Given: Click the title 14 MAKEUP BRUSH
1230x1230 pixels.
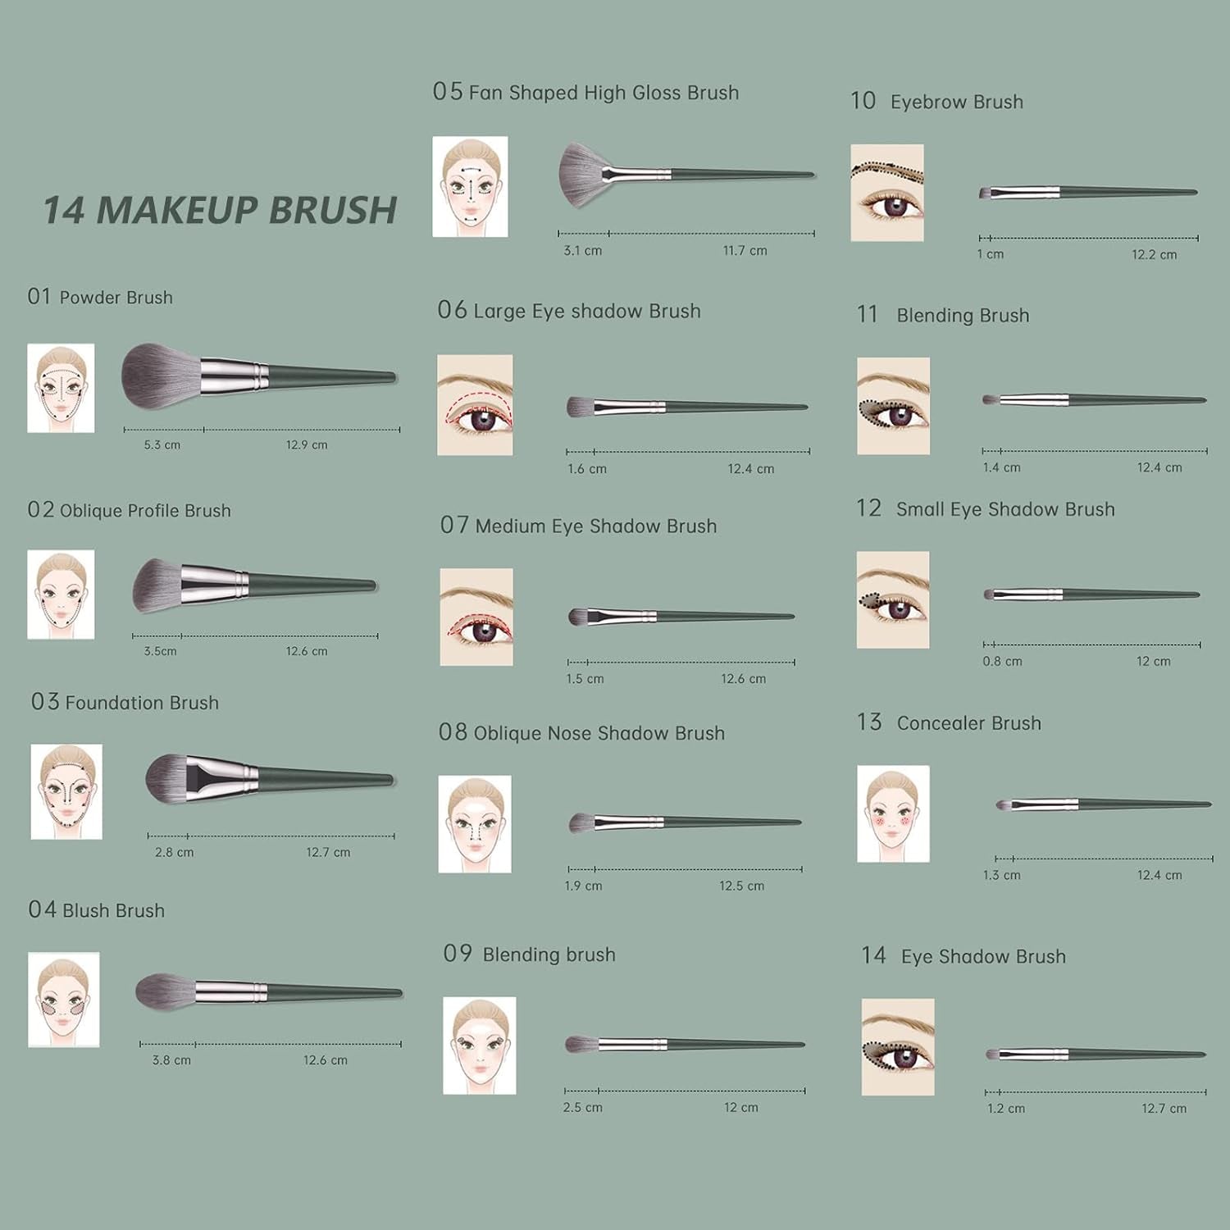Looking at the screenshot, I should click(220, 210).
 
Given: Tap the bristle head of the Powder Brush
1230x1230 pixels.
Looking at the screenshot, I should click(160, 376).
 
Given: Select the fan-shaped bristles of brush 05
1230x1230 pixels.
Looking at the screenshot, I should click(581, 169).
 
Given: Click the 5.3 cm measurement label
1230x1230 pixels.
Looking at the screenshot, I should click(162, 445).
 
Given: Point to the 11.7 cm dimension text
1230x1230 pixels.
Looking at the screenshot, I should click(745, 251).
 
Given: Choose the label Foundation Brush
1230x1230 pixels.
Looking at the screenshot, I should click(142, 703).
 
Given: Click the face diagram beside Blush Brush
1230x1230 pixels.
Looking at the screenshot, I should click(63, 1000).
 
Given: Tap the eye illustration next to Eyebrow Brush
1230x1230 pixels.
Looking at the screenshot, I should click(886, 194).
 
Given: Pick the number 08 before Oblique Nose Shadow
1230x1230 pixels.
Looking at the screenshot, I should click(453, 732).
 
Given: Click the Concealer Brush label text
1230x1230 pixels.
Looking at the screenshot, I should click(968, 723).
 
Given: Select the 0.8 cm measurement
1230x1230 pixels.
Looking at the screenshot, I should click(1002, 662).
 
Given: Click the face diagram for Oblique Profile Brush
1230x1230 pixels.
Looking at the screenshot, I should click(61, 594).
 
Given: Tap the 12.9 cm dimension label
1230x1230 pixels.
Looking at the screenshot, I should click(307, 445).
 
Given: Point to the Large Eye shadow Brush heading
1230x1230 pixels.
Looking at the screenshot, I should click(586, 312).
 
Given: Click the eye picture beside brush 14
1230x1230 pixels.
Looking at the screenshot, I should click(898, 1047).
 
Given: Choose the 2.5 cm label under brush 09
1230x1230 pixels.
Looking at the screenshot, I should click(582, 1108).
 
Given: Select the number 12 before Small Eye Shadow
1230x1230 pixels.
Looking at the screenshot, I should click(868, 509).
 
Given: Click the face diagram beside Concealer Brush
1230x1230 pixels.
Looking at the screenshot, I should click(893, 814).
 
